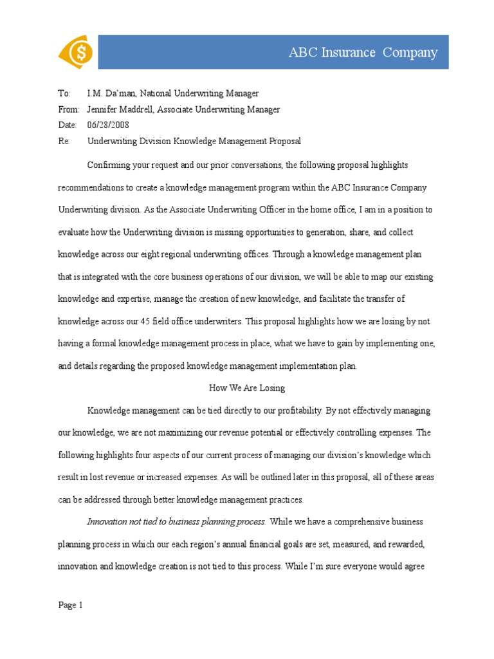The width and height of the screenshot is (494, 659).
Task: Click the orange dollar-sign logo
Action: pyautogui.click(x=75, y=52)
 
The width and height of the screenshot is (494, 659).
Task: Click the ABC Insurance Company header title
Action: pyautogui.click(x=363, y=53)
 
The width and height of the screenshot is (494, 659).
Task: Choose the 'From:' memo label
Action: pyautogui.click(x=68, y=109)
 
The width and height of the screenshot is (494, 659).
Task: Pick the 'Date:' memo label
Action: pyautogui.click(x=67, y=125)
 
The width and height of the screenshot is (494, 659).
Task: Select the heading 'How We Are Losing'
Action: pyautogui.click(x=247, y=388)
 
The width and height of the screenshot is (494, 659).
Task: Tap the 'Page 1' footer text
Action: pyautogui.click(x=71, y=605)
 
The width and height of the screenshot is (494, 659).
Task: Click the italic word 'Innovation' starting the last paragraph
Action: pyautogui.click(x=107, y=521)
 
